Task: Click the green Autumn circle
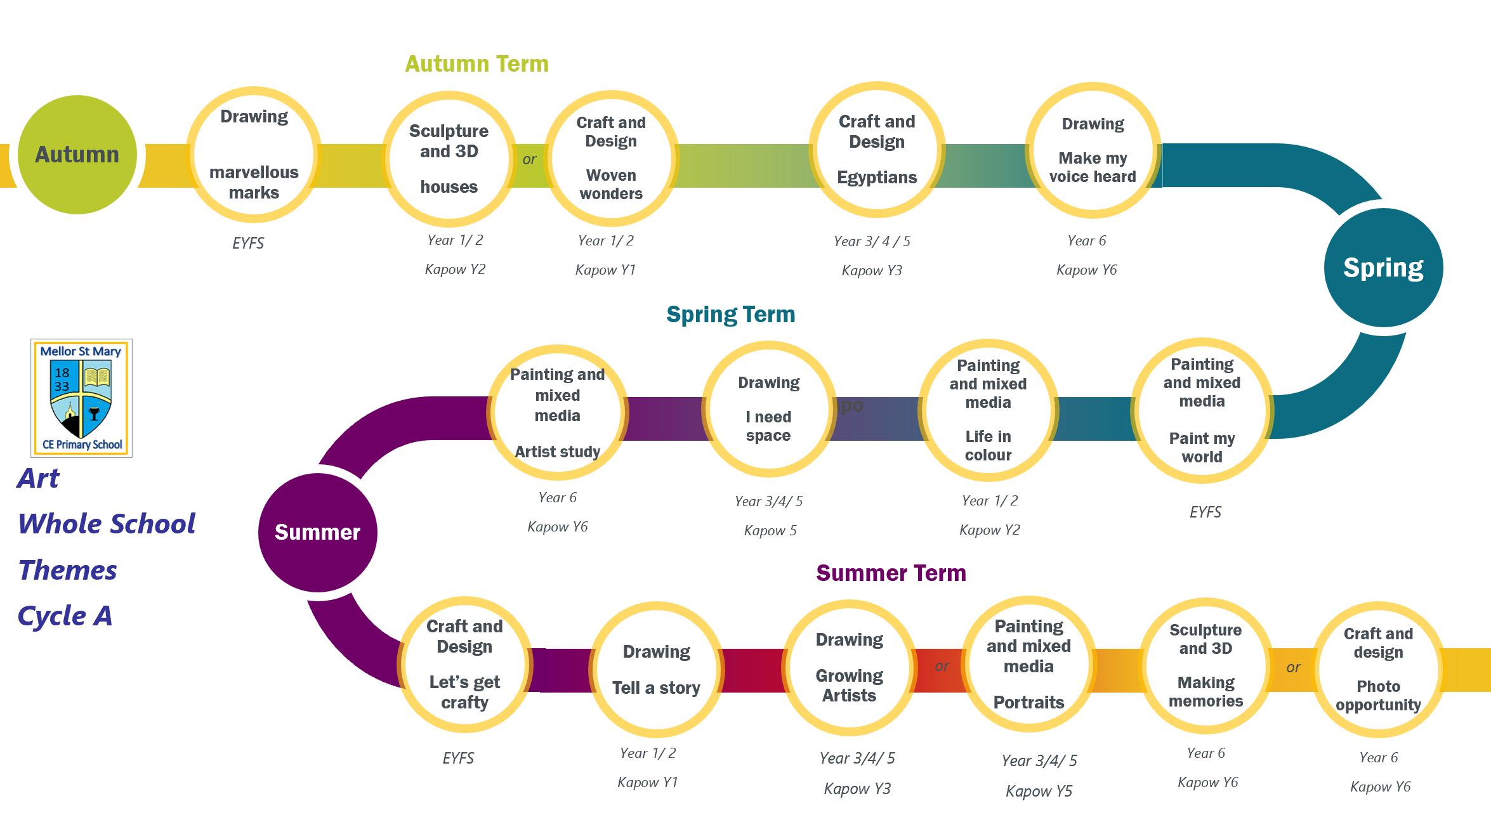point(77,155)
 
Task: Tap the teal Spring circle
point(1383,268)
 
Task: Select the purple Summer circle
point(318,533)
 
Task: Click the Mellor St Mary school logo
point(82,398)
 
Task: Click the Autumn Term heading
point(477,64)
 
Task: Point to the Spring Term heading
point(731,315)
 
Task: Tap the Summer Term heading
point(891,573)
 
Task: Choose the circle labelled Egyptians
point(877,150)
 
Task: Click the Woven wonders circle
point(611,159)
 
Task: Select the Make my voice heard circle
point(1093,150)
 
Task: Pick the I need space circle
point(768,409)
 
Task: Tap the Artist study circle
point(557,413)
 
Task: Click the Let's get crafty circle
point(465,665)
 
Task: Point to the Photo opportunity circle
point(1378,670)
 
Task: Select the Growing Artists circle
point(850,668)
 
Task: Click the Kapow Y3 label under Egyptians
point(872,271)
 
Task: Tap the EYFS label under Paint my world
point(1205,512)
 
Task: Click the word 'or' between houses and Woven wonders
point(529,160)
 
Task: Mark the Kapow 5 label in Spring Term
point(770,531)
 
